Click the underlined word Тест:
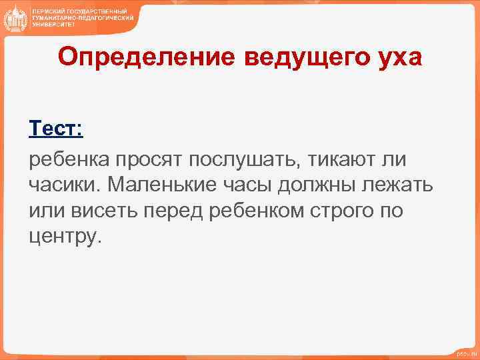coord(56,127)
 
